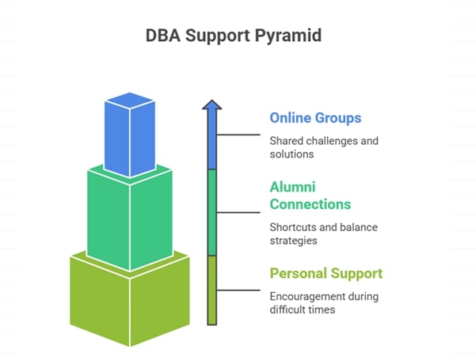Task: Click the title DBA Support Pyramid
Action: point(238,36)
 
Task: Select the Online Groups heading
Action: point(315,118)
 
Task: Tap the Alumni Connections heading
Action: point(310,195)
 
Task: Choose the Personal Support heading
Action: point(326,274)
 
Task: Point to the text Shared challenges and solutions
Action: point(323,147)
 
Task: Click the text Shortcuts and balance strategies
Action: point(323,234)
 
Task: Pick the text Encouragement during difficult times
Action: point(323,303)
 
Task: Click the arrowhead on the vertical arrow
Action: point(211,105)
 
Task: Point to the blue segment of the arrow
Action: point(211,142)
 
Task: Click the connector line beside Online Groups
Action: point(239,135)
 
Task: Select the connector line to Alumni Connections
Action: point(239,212)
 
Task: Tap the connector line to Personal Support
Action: point(239,290)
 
